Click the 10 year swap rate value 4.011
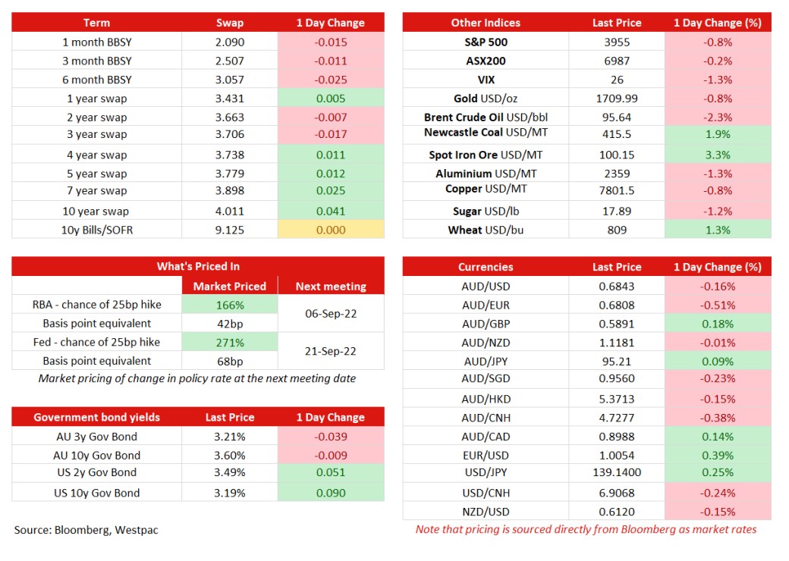point(229,211)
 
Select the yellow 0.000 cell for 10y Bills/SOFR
point(331,230)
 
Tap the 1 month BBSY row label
point(96,42)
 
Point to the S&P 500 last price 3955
point(617,42)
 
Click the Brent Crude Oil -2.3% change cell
point(718,117)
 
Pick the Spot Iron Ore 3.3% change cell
point(718,155)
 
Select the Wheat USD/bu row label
point(486,230)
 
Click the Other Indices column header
point(486,23)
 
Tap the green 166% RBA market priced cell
point(230,305)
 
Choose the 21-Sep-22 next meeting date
point(331,351)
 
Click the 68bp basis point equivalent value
point(230,361)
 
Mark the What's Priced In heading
point(198,266)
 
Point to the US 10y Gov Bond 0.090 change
point(331,493)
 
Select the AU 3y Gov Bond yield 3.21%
point(230,437)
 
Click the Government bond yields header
point(96,417)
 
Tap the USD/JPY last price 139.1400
point(617,472)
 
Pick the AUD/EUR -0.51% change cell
point(718,305)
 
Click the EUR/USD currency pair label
point(486,456)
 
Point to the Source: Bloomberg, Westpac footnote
point(86,530)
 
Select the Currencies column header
point(486,267)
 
